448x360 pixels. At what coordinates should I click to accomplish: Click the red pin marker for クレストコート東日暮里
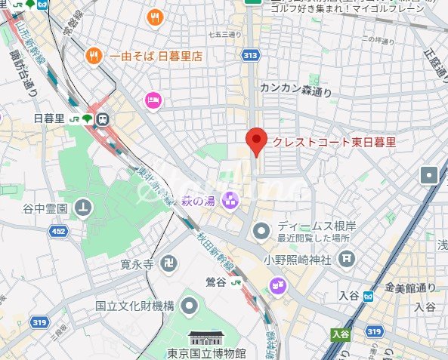[258, 140]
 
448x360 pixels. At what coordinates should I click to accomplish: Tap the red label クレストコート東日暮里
[333, 142]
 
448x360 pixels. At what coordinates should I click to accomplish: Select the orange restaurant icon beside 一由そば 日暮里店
[94, 55]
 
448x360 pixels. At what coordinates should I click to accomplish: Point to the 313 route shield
[251, 55]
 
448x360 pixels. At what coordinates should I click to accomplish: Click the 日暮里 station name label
[49, 118]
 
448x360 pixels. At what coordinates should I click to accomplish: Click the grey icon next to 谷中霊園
[83, 207]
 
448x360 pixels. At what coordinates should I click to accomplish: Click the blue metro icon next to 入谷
[368, 297]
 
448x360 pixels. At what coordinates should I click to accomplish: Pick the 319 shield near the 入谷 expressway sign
[374, 331]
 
